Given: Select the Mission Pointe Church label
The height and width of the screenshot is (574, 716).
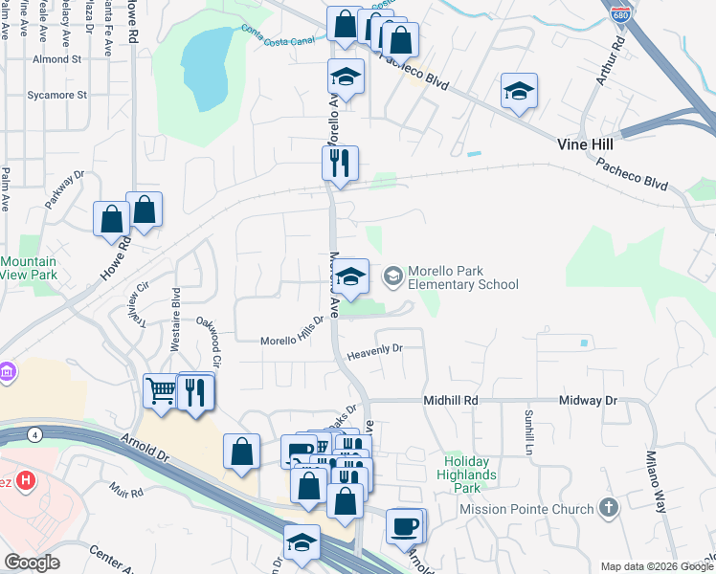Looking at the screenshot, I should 526,510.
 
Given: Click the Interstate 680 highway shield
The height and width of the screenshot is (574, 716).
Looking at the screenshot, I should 619,15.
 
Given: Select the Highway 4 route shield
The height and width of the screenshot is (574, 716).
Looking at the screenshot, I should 35,434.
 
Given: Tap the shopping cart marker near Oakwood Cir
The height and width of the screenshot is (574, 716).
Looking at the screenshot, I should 160,390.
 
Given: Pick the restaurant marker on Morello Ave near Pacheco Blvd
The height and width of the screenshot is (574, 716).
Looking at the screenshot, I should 339,164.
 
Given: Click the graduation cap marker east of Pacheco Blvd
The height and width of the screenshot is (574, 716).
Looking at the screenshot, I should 518,92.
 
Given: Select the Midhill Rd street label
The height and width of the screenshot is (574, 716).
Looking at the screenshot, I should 451,402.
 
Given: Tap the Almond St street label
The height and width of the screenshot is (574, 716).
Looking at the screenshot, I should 56,59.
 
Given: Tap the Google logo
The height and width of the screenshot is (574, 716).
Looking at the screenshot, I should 33,562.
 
